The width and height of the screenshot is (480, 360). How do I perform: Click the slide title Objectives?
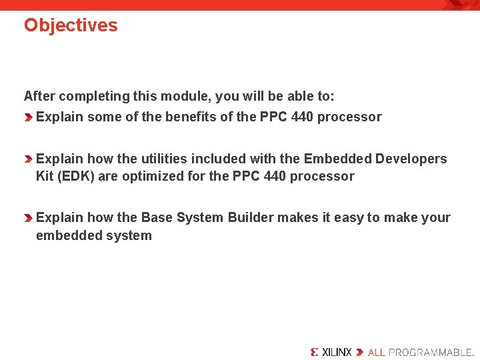coord(71,25)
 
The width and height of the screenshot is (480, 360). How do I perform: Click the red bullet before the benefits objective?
coord(29,117)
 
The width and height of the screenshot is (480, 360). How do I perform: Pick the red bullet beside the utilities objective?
coord(29,159)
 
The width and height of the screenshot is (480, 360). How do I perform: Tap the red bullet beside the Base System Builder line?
coord(29,218)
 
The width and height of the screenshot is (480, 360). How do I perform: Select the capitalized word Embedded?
coord(337,159)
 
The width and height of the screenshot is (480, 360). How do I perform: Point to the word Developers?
coord(411,159)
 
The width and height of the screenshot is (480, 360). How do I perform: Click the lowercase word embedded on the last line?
coord(64,235)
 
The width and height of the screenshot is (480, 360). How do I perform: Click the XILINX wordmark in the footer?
coord(331,351)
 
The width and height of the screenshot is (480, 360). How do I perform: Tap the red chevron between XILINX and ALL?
coord(360,351)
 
